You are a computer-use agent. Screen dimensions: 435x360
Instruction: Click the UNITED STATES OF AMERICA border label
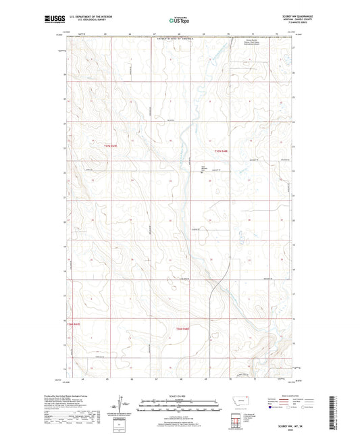[x=178, y=40]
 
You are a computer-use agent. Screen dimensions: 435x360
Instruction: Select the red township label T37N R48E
[x=222, y=150]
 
